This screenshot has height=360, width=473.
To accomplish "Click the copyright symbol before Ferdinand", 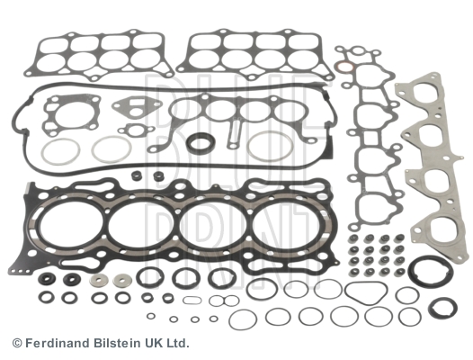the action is pyautogui.click(x=17, y=344).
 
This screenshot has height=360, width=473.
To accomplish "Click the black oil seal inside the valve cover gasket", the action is pyautogui.click(x=201, y=142).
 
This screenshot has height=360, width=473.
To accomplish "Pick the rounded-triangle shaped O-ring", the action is pyautogui.click(x=366, y=292).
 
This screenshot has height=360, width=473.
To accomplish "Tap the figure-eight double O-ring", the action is pyautogui.click(x=224, y=301).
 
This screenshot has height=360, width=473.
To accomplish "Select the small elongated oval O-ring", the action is pyautogui.click(x=192, y=301).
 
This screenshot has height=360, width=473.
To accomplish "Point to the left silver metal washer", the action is pyautogui.click(x=98, y=281).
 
